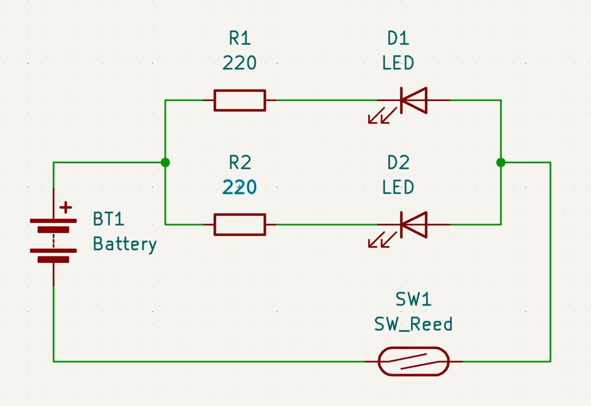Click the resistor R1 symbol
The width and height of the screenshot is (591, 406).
pyautogui.click(x=239, y=100)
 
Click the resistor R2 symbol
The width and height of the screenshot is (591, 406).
pyautogui.click(x=239, y=224)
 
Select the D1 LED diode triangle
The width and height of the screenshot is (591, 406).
pyautogui.click(x=414, y=100)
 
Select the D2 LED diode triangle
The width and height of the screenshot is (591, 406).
pyautogui.click(x=414, y=224)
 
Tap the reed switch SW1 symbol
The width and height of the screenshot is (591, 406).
pyautogui.click(x=414, y=361)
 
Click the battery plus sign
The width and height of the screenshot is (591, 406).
pyautogui.click(x=66, y=207)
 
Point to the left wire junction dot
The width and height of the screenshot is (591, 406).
pyautogui.click(x=165, y=162)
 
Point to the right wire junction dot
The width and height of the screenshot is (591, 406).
pyautogui.click(x=501, y=162)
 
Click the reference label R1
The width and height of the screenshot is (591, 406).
pyautogui.click(x=239, y=38)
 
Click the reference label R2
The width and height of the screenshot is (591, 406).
pyautogui.click(x=239, y=163)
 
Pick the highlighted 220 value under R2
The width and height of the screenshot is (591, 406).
pyautogui.click(x=239, y=187)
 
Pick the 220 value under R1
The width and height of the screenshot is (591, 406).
pyautogui.click(x=239, y=63)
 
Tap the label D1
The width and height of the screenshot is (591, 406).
pyautogui.click(x=398, y=38)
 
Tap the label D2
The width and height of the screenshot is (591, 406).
pyautogui.click(x=398, y=163)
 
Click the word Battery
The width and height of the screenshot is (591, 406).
pyautogui.click(x=125, y=244)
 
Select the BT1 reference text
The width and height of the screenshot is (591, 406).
pyautogui.click(x=108, y=219)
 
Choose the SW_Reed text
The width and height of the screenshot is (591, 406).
pyautogui.click(x=413, y=324)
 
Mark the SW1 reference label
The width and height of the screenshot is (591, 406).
pyautogui.click(x=413, y=300)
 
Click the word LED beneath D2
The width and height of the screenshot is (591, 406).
pyautogui.click(x=398, y=187)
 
